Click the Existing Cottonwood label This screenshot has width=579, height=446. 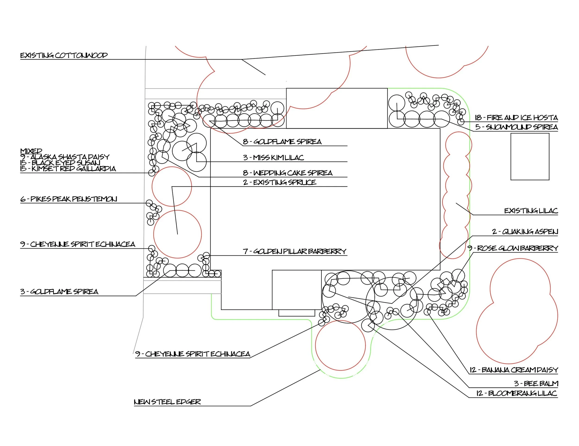pos(64,55)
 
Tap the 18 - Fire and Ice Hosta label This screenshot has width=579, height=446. pos(516,118)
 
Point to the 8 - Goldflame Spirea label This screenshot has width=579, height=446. pos(282,142)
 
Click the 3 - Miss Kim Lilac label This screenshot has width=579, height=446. pos(273,158)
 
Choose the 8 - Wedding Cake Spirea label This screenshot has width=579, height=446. pos(288,173)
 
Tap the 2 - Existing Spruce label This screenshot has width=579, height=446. pos(280,182)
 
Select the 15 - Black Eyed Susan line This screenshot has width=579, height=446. pos(60,163)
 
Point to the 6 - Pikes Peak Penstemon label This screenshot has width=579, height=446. pos(69,199)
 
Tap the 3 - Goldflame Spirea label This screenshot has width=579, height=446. pos(59,292)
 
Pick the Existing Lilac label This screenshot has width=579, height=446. pos(531,211)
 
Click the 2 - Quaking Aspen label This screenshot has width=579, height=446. pos(525,232)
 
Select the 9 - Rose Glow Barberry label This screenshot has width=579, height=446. pos(513,248)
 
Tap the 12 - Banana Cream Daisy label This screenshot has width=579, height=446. pos(513,370)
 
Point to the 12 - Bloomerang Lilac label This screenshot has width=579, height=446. pos(516,393)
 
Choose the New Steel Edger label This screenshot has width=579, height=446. pos(167,402)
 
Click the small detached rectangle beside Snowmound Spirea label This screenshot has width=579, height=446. pos(530,157)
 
